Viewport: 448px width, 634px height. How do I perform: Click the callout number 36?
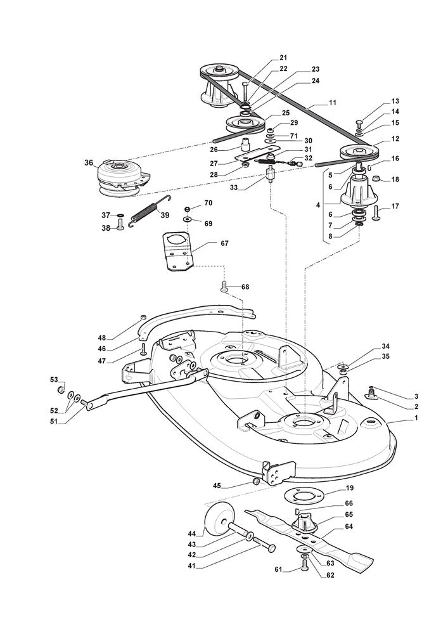tap(88, 162)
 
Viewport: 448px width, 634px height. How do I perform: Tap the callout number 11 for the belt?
tap(333, 102)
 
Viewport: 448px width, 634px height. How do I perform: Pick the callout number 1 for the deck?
tap(398, 418)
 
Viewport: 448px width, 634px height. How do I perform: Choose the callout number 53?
tap(54, 379)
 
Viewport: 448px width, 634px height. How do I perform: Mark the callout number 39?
tap(165, 216)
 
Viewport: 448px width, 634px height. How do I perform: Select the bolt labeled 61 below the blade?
tap(305, 567)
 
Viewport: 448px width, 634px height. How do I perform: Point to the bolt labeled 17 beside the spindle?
tap(375, 214)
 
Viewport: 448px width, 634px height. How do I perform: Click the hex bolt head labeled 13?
tap(359, 121)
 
